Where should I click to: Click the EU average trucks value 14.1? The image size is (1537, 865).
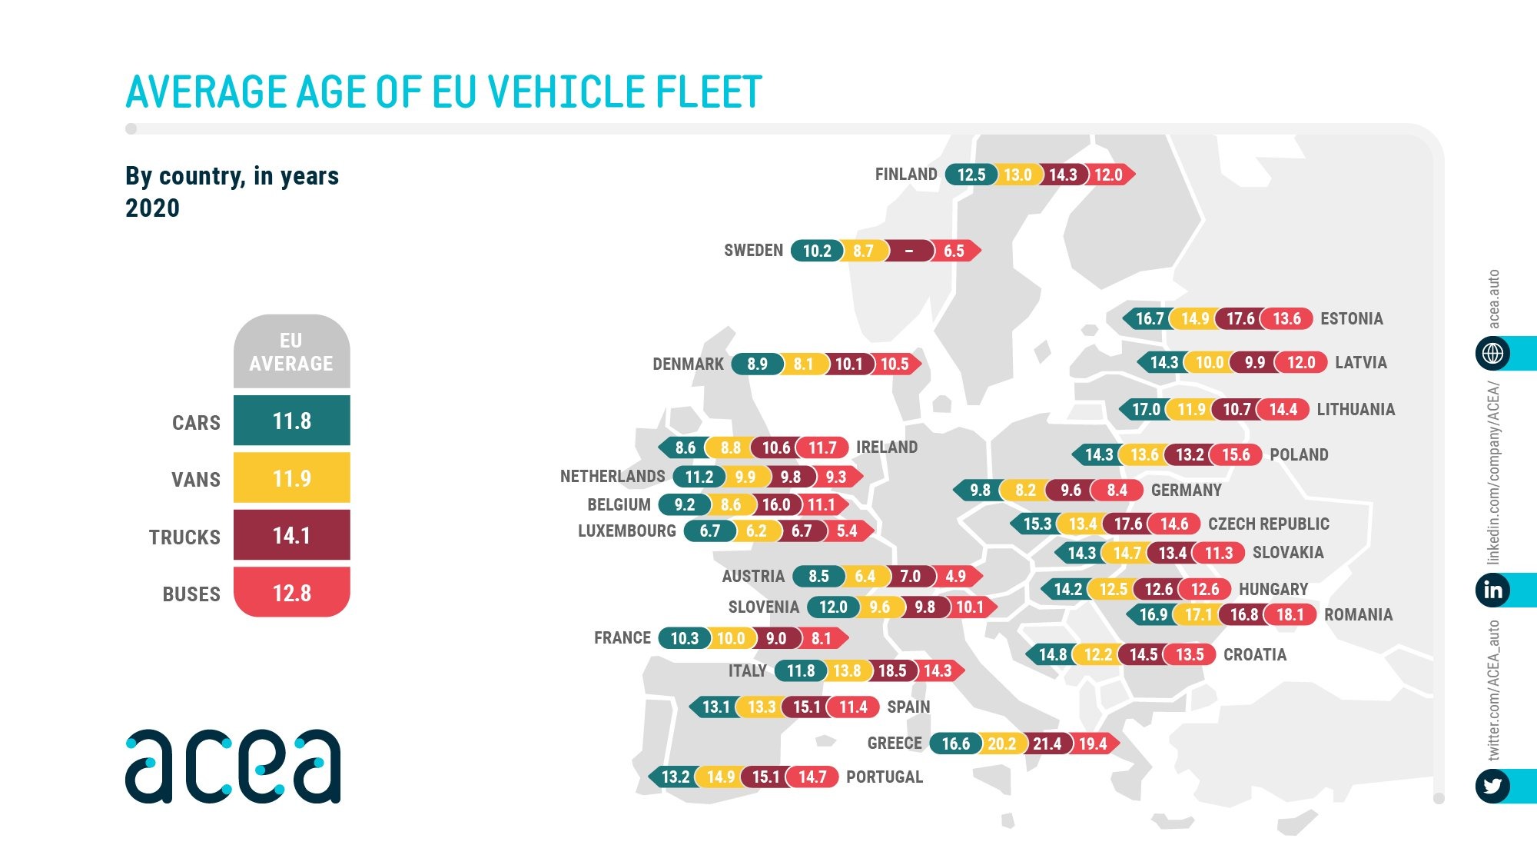click(292, 535)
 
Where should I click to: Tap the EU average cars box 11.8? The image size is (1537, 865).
click(292, 421)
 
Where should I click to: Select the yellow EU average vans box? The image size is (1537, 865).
click(292, 478)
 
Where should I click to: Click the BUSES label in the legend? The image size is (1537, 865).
click(191, 594)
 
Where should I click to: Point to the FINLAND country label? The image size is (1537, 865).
click(906, 175)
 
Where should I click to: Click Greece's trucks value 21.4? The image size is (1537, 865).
click(1047, 744)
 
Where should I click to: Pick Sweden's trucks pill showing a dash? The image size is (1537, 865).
click(908, 251)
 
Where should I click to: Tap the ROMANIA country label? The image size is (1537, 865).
click(1358, 614)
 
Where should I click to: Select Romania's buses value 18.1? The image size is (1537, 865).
click(1290, 614)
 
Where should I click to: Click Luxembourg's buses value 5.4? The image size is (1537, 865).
click(846, 531)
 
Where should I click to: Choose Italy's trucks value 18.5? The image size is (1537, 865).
click(891, 670)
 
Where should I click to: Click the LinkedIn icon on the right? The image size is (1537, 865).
click(1493, 590)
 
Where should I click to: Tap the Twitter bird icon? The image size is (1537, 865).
click(1493, 786)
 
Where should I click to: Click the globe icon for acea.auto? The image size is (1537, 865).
click(1493, 353)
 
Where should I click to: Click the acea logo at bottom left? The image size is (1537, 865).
click(233, 766)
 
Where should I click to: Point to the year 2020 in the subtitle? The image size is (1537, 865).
click(152, 208)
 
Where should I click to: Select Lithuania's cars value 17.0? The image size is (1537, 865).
click(1146, 409)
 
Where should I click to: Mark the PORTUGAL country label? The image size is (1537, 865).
click(885, 777)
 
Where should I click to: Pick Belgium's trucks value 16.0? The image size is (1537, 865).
click(775, 504)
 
